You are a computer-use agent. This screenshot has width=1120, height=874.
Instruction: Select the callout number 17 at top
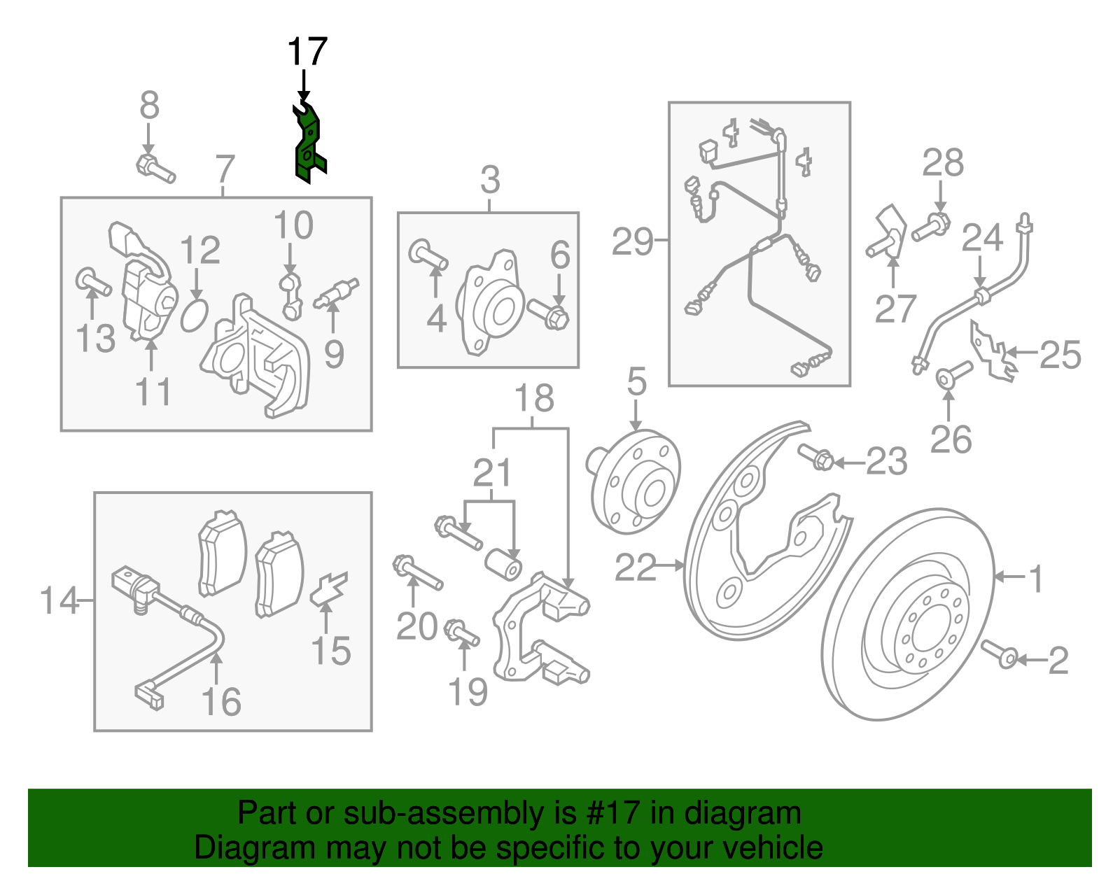coord(307,52)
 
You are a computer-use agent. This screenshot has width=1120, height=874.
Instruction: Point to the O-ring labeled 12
coord(195,315)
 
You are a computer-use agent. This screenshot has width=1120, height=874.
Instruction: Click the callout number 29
coord(632,241)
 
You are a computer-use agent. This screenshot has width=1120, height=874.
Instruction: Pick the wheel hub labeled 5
coord(633,481)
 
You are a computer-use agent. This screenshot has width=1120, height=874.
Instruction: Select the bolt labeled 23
coord(815,457)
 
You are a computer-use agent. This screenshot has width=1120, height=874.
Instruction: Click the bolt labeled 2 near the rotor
coord(999,654)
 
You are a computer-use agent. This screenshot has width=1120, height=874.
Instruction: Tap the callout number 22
coord(636,567)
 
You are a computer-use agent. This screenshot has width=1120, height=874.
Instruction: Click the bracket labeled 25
coord(990,351)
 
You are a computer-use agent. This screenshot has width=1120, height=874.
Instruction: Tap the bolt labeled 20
coord(417,572)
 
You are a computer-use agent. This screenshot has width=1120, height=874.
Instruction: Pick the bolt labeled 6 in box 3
coord(548,313)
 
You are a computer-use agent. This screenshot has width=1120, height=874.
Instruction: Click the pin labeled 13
coord(93,282)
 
